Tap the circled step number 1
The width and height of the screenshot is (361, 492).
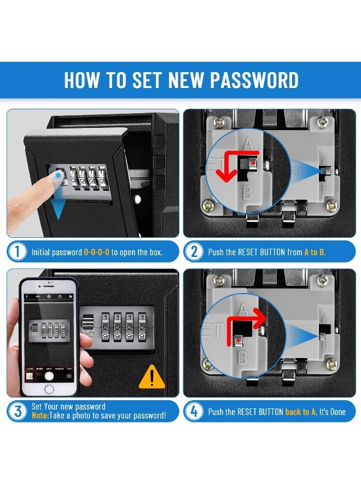click(x=18, y=252)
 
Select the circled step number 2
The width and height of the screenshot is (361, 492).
click(x=194, y=252)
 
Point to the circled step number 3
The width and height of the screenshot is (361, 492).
click(x=18, y=411)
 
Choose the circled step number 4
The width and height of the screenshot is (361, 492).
click(x=194, y=411)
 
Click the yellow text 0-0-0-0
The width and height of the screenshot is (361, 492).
click(x=96, y=253)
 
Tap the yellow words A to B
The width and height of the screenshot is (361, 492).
click(x=315, y=253)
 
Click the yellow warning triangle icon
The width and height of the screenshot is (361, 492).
click(x=152, y=377)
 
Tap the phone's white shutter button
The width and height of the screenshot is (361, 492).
click(x=49, y=376)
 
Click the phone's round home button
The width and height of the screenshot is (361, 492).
click(x=49, y=389)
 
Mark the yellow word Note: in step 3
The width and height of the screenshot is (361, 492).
click(x=40, y=415)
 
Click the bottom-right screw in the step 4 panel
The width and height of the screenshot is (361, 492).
click(x=331, y=364)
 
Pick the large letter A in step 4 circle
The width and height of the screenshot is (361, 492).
click(x=244, y=309)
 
